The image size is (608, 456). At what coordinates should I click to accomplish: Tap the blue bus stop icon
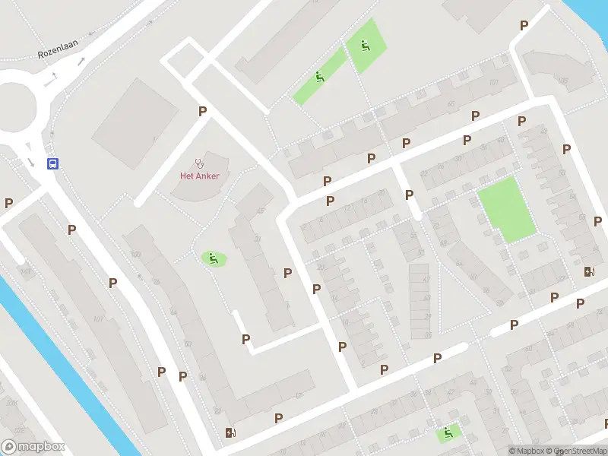(x=52, y=163)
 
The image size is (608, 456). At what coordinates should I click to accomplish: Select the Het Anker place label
(x=199, y=176)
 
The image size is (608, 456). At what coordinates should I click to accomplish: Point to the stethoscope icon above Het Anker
(x=200, y=162)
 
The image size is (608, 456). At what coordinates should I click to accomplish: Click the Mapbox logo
(x=33, y=447)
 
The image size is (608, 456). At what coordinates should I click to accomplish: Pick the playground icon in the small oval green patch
(x=214, y=258)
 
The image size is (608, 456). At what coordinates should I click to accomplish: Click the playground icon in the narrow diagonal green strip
(x=319, y=77)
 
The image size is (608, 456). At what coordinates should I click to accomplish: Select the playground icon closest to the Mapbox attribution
(x=448, y=433)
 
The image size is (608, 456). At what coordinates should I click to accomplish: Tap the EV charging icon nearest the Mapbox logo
(x=230, y=433)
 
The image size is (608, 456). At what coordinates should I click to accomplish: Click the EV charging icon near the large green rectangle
(x=589, y=271)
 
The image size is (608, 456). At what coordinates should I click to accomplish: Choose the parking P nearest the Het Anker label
(x=202, y=111)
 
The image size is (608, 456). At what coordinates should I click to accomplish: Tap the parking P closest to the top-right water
(x=524, y=25)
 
